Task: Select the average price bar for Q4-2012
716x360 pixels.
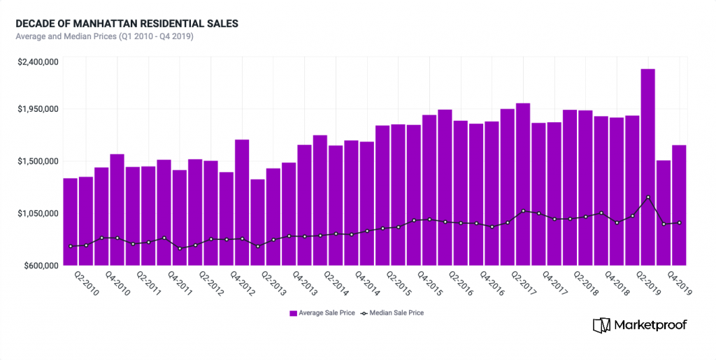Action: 242,203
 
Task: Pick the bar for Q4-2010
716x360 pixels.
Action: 117,210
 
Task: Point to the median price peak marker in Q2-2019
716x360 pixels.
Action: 648,197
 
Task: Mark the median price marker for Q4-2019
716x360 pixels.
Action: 679,223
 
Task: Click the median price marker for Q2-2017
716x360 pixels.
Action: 523,210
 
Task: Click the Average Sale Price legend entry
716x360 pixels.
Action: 322,313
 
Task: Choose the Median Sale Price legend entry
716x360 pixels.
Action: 392,313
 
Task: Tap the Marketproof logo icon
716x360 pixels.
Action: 601,325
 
